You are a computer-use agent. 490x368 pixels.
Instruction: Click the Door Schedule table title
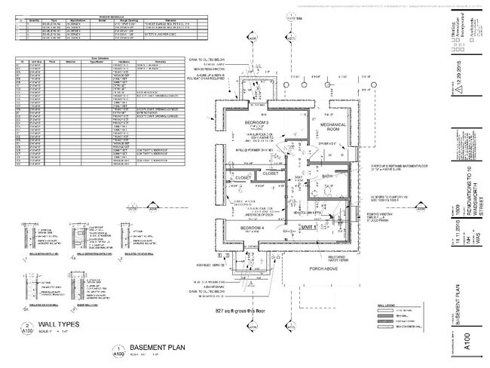(x=100, y=56)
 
